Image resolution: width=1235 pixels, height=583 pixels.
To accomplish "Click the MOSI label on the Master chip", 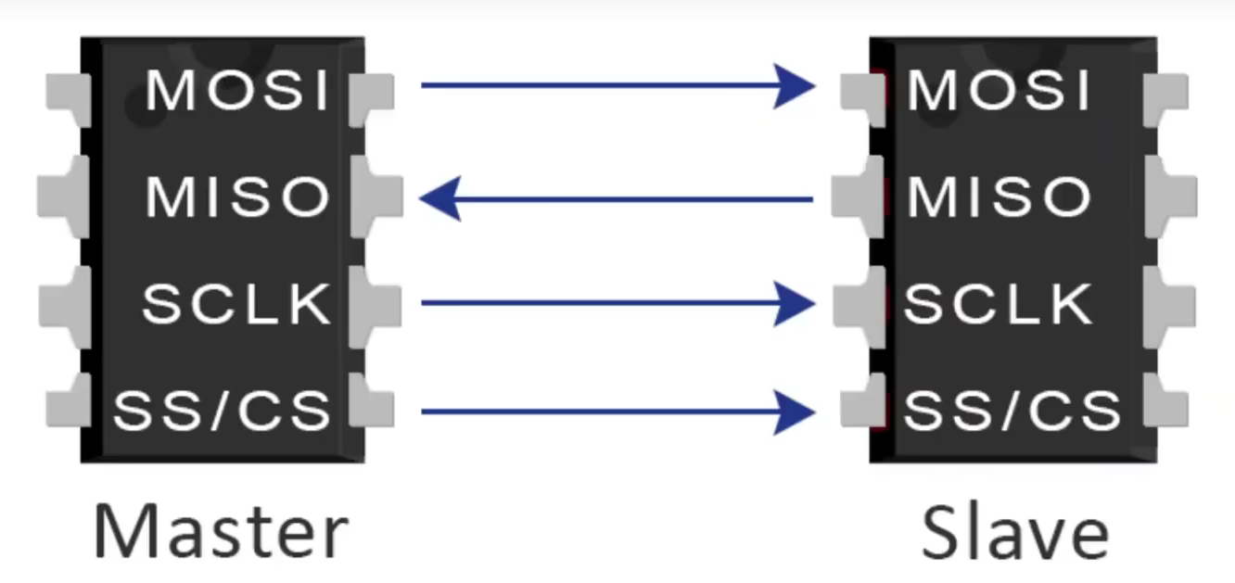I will point(238,91).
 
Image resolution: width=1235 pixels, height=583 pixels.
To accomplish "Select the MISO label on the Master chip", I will point(238,196).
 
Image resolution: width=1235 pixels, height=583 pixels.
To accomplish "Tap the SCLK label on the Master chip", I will point(236,303).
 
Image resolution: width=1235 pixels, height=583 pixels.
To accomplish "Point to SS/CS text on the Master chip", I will point(222,411).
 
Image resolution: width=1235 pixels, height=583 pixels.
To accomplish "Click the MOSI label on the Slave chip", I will point(999,91).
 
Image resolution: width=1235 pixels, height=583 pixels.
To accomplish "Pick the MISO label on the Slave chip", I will point(999,196).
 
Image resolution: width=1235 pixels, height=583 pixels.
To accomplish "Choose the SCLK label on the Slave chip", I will point(999,303).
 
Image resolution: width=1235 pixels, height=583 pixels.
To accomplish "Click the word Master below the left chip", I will point(221,531).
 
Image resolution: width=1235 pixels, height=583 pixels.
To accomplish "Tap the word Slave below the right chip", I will point(1014,531).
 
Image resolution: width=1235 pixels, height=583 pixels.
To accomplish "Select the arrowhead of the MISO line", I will point(440,199).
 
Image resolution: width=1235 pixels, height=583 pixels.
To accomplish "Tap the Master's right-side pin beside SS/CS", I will point(374,407).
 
